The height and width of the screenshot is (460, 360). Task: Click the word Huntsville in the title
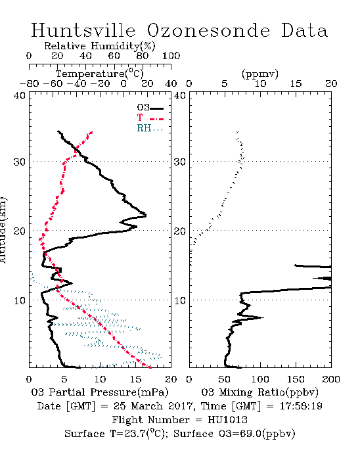[83, 30]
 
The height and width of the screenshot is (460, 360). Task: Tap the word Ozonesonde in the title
[208, 30]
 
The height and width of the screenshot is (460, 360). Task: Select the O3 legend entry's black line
[156, 108]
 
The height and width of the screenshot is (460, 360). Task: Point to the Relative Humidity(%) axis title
[100, 46]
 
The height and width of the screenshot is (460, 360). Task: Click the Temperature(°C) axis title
[100, 74]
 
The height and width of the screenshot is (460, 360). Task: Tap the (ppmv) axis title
[260, 74]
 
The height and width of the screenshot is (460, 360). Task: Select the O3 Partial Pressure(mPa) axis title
[100, 392]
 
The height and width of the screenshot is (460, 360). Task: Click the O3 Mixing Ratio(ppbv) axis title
[259, 392]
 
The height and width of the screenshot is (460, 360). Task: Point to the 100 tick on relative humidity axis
[171, 55]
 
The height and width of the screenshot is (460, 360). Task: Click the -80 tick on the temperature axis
[29, 83]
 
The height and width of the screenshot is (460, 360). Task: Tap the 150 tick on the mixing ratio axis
[296, 379]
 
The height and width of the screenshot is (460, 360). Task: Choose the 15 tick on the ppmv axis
[296, 83]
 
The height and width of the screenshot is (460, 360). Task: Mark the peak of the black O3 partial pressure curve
[146, 216]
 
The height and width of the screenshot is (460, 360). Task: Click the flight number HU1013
[228, 420]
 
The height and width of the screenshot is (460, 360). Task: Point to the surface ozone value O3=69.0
[240, 434]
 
